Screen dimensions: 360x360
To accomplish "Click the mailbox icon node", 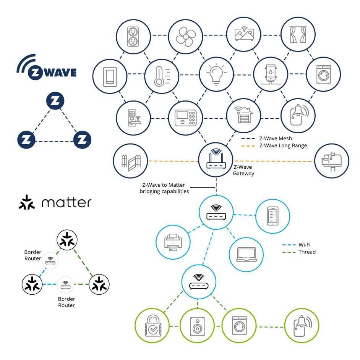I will pyautogui.click(x=331, y=161).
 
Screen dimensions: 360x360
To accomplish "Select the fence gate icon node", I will pyautogui.click(x=131, y=161).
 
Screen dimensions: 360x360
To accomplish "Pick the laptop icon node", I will pyautogui.click(x=246, y=254).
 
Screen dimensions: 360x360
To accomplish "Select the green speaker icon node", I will pyautogui.click(x=197, y=327).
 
